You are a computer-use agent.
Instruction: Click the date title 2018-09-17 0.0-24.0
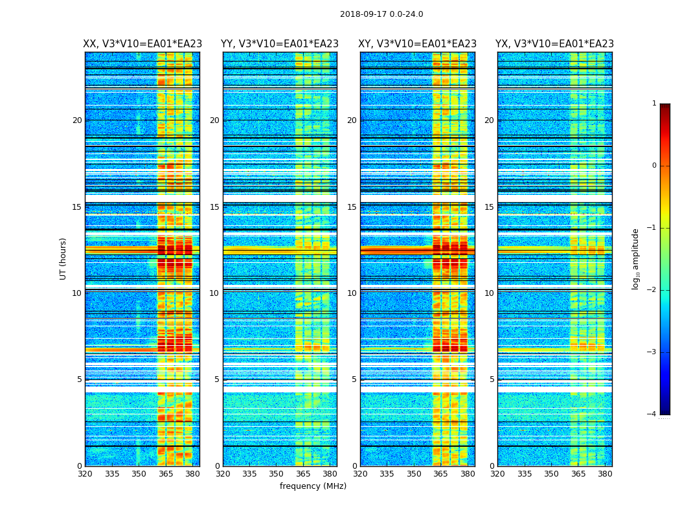coord(381,14)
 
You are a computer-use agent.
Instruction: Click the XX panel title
coord(142,44)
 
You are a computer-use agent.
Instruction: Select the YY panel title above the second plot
coord(280,44)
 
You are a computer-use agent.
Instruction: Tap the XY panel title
coord(418,44)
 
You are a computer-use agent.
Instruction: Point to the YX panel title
coord(554,44)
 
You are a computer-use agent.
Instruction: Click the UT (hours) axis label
coord(63,258)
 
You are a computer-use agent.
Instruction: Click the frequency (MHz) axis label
coord(313,486)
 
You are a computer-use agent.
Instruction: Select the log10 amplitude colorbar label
coord(636,258)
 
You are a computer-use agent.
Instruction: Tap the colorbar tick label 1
coord(654,104)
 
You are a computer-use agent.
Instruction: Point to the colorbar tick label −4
coord(652,414)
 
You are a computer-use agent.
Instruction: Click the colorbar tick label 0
coord(654,166)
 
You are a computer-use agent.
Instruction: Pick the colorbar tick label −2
coord(652,290)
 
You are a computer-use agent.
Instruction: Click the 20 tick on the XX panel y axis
coord(77,120)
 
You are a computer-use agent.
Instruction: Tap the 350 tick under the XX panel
coord(139,473)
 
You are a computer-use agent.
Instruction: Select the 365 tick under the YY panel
coord(303,473)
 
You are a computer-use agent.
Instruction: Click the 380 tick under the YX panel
coord(605,473)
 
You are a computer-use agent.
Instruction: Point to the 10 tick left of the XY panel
coord(352,293)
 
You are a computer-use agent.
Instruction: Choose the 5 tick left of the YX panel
coord(492,379)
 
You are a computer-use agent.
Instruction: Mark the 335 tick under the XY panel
coord(387,473)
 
